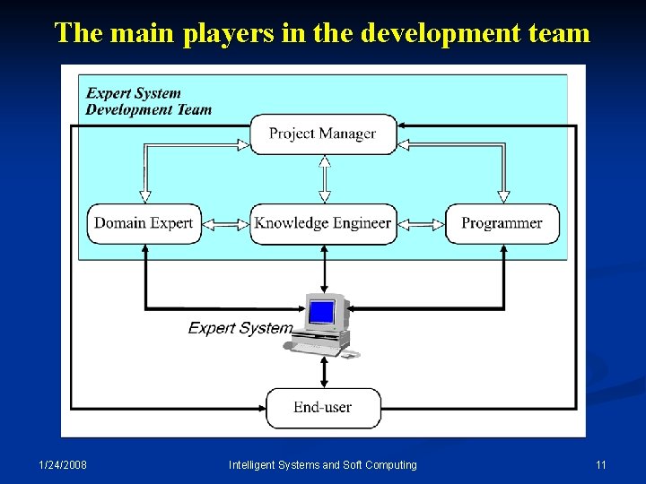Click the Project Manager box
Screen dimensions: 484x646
tap(323, 134)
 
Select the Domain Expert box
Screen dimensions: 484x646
tap(144, 223)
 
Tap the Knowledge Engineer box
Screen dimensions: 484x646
tap(323, 223)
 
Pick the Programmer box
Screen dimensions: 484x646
tap(502, 223)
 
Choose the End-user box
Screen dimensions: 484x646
tap(323, 408)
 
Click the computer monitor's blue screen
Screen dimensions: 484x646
tap(321, 313)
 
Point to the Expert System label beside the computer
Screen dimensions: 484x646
tap(240, 328)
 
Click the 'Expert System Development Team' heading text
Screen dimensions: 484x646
tap(148, 101)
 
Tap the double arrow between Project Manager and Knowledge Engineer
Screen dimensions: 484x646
tap(325, 179)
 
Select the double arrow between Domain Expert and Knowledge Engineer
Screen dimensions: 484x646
tap(225, 224)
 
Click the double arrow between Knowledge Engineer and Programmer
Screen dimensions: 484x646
tap(421, 224)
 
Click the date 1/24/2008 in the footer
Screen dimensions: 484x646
tap(63, 464)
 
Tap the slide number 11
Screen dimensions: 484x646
tap(601, 464)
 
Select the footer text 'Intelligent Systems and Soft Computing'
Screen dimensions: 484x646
tap(323, 464)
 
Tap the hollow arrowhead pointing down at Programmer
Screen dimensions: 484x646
tap(503, 196)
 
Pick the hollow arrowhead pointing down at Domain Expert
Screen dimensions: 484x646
tap(144, 196)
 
